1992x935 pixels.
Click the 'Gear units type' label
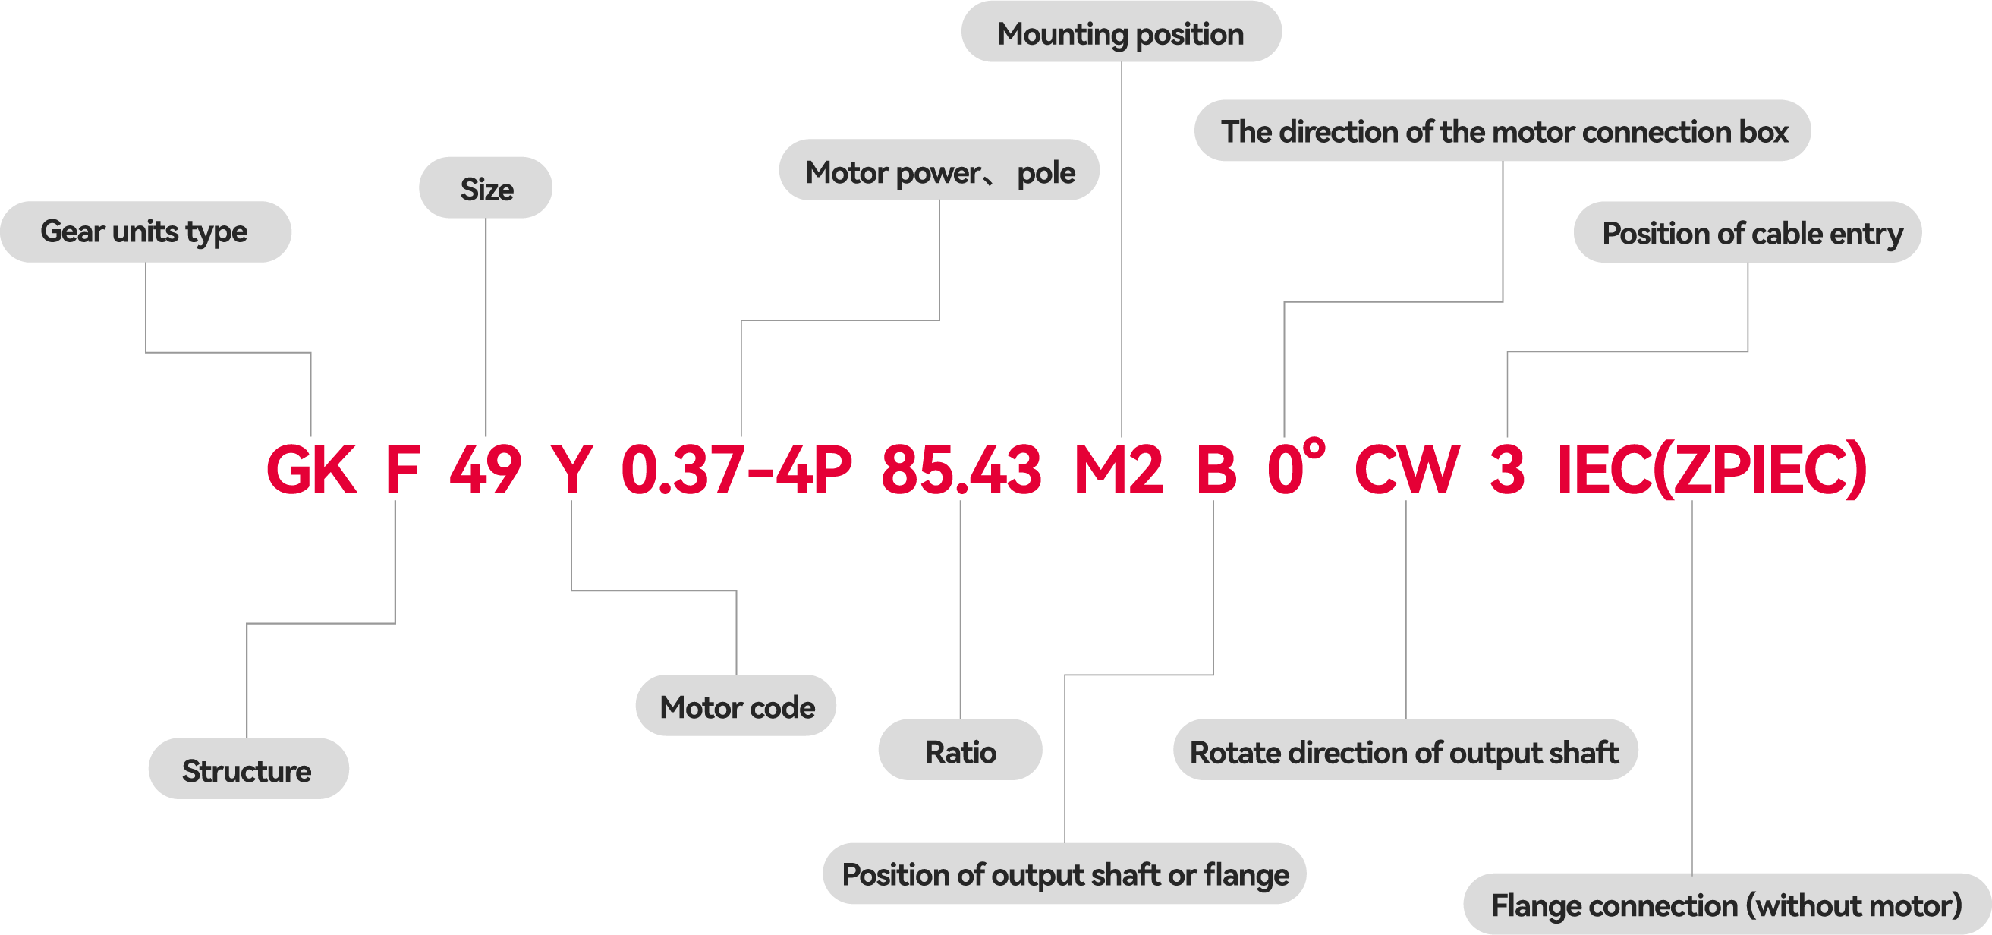[x=145, y=232]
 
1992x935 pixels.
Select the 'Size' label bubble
[x=486, y=189]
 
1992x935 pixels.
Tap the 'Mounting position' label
[x=1121, y=33]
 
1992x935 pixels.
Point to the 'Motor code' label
[x=736, y=707]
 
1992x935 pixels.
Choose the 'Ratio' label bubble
[x=960, y=751]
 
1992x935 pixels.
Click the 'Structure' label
[x=247, y=770]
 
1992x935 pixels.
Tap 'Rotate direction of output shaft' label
[x=1405, y=751]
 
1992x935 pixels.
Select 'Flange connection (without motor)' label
[x=1726, y=905]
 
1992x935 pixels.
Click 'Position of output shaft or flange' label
[x=1065, y=874]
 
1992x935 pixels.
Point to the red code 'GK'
[x=311, y=470]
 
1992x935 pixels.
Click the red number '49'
[x=486, y=470]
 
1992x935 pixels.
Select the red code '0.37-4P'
[x=736, y=470]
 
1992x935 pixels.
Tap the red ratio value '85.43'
[x=961, y=470]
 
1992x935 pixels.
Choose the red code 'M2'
[x=1119, y=470]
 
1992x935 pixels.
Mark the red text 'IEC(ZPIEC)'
[x=1711, y=470]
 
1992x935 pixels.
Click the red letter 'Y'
[x=571, y=470]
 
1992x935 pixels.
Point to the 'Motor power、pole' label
[x=939, y=171]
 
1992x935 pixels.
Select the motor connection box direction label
[x=1503, y=131]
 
